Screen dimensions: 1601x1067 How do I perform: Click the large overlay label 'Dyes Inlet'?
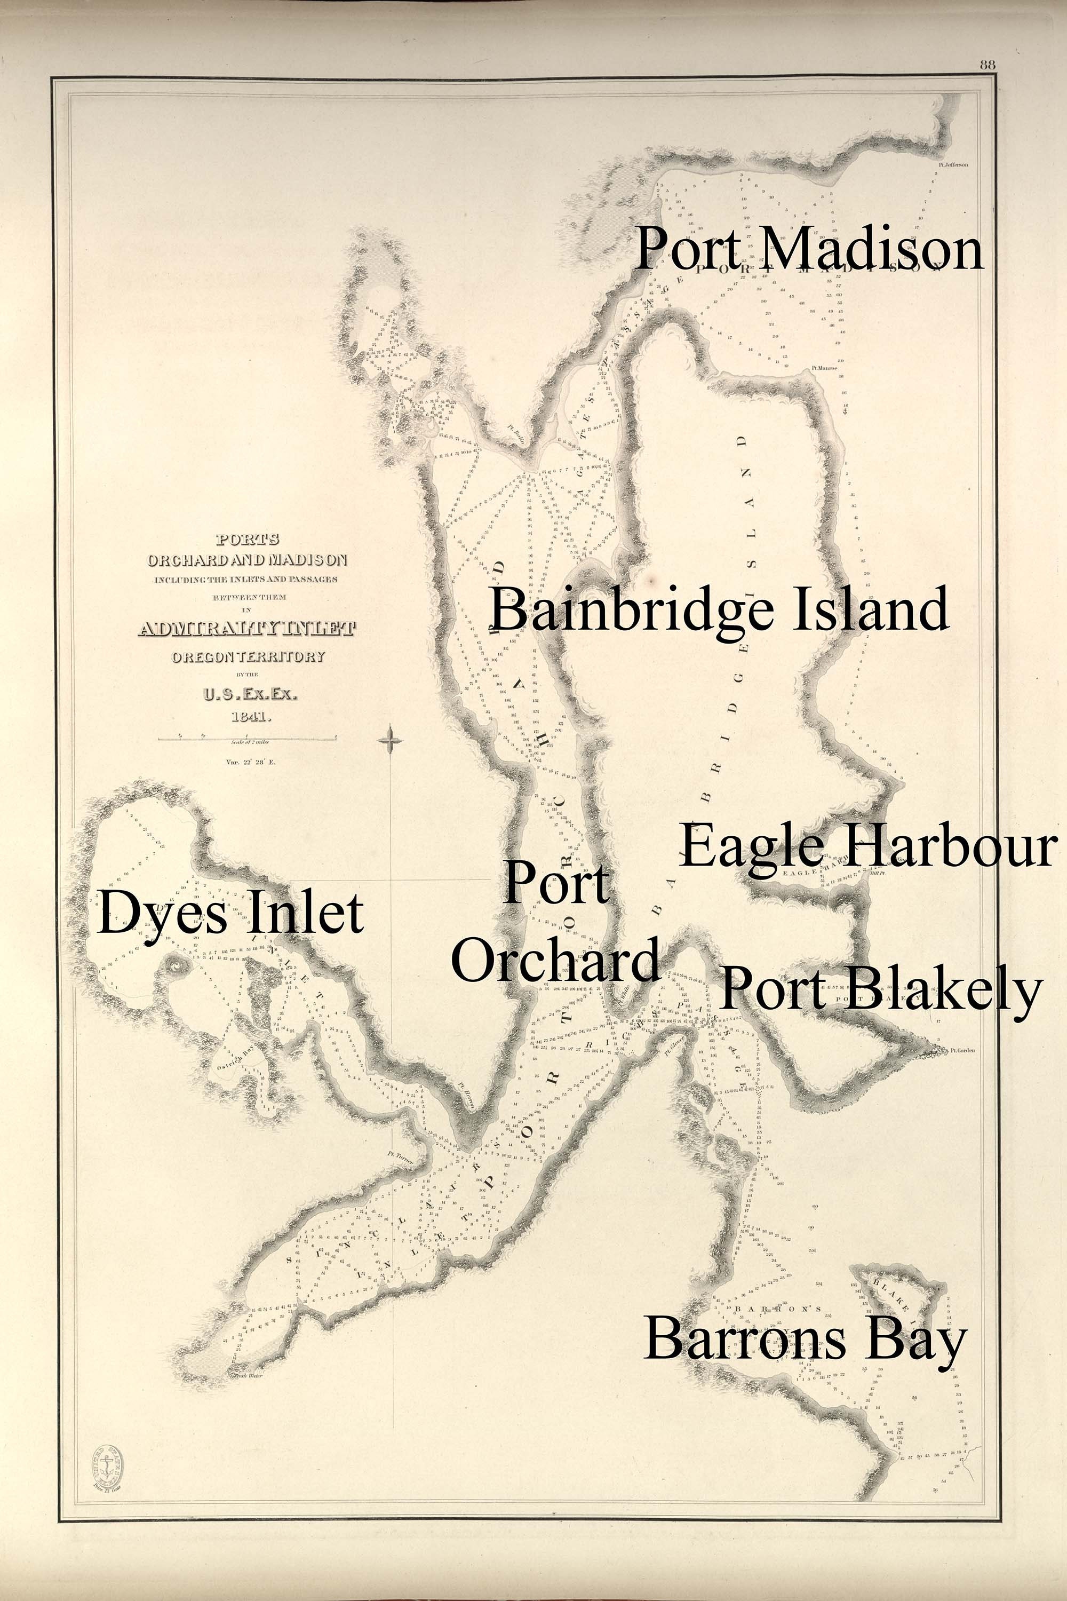pos(230,913)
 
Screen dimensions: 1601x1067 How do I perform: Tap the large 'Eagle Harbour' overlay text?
pos(867,846)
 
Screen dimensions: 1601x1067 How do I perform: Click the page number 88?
pos(988,65)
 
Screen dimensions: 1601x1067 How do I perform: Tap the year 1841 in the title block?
pos(251,716)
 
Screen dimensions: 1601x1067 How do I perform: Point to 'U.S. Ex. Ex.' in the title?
pos(250,695)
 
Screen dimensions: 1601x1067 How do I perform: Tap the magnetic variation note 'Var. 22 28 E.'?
pos(251,763)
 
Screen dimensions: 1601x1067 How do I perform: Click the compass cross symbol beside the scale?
pos(391,741)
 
